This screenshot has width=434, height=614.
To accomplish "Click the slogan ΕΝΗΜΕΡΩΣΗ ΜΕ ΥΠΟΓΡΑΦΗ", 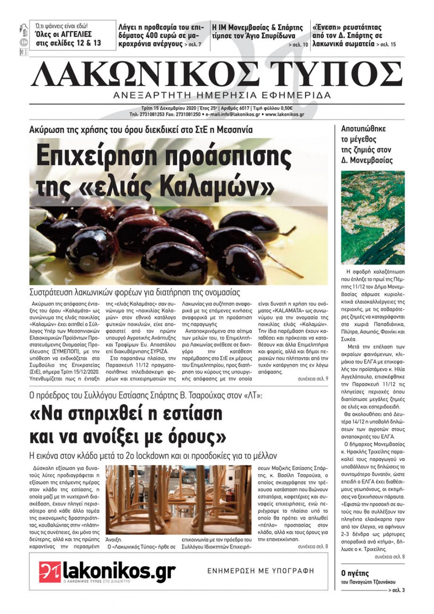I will [x=260, y=571].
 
